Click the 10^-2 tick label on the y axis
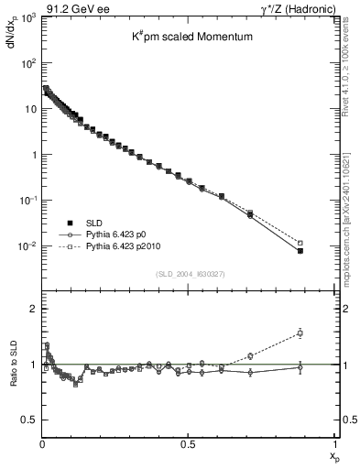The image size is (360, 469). pos(25,246)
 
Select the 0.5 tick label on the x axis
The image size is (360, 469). pos(188,443)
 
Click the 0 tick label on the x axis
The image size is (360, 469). pos(41,443)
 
